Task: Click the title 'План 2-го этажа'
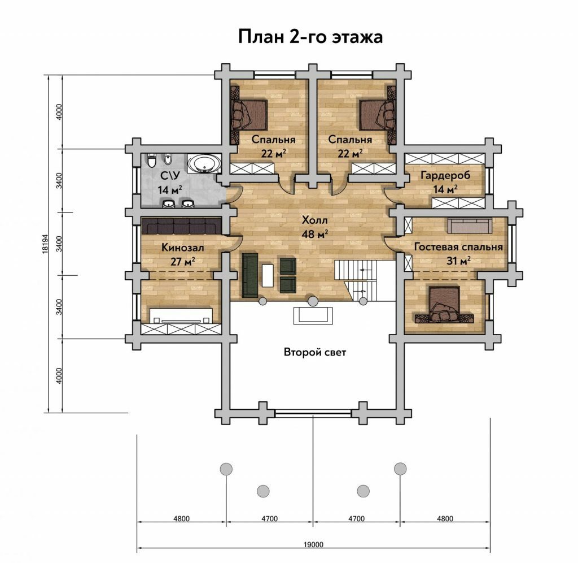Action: (310, 37)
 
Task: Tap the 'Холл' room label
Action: (314, 220)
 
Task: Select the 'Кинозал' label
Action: (182, 248)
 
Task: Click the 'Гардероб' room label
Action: (445, 175)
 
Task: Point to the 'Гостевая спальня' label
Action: (458, 246)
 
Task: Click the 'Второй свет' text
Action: (315, 352)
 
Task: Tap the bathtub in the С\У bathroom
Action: (204, 164)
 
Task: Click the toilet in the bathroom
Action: (151, 161)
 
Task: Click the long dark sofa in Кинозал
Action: (181, 226)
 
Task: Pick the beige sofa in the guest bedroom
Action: (470, 226)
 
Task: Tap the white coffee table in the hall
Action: (268, 275)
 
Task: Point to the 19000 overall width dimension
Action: (313, 544)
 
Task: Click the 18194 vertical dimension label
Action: (45, 244)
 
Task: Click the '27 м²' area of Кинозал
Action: (182, 261)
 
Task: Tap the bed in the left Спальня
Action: (248, 115)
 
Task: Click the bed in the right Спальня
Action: (378, 115)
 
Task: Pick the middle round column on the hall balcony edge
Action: (313, 301)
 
